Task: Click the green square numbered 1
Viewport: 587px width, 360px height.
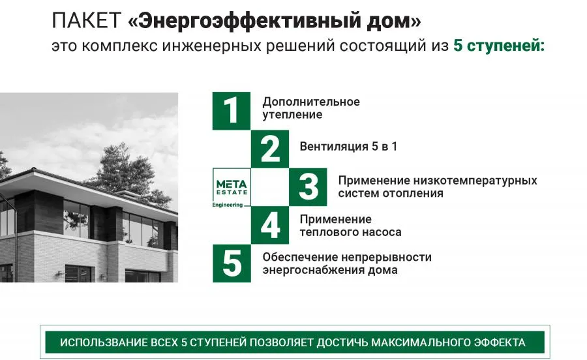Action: [x=232, y=111]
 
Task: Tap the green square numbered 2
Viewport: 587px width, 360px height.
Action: [x=270, y=149]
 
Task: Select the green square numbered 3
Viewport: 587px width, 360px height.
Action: [x=308, y=187]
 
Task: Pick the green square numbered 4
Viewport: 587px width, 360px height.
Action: [x=270, y=225]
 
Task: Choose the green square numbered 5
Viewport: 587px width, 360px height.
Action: [x=232, y=263]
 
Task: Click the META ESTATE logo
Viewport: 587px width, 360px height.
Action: [x=232, y=187]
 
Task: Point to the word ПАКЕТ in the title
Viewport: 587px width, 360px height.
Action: [x=87, y=20]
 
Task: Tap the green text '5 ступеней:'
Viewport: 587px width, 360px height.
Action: [x=499, y=46]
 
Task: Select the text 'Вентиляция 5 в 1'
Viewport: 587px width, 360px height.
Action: [x=348, y=146]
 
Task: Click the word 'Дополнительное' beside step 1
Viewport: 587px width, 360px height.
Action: [x=311, y=102]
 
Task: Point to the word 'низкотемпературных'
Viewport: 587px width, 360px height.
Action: [x=475, y=181]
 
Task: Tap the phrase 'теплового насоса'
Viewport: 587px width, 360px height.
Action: [x=350, y=232]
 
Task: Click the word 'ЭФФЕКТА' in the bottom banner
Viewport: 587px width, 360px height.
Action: [x=500, y=343]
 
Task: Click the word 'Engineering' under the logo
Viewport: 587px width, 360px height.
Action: [x=228, y=205]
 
